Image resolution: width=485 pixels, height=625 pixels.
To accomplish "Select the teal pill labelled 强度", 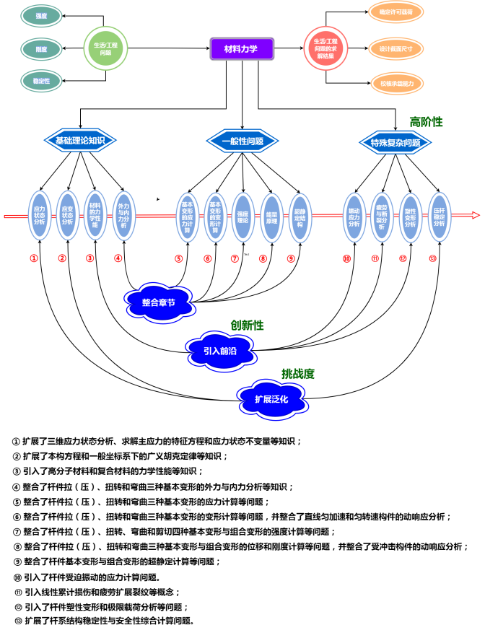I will tap(42, 14).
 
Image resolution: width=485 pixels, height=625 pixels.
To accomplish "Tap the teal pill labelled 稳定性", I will tap(42, 80).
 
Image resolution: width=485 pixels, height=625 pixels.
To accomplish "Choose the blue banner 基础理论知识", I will tap(80, 141).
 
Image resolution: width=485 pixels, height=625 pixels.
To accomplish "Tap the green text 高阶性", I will tap(426, 122).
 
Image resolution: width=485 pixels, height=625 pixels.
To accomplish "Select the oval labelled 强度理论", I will tap(243, 214).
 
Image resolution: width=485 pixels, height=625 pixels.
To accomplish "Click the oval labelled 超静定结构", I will tap(299, 214).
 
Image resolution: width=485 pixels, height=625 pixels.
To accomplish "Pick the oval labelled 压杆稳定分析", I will tap(439, 214).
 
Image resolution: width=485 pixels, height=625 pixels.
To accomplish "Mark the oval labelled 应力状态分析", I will tap(40, 214).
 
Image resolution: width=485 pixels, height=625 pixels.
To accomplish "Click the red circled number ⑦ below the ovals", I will tap(235, 258).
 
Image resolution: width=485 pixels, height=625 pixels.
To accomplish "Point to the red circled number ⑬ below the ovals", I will tap(432, 258).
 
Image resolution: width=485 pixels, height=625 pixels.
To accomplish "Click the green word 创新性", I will tap(247, 326).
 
